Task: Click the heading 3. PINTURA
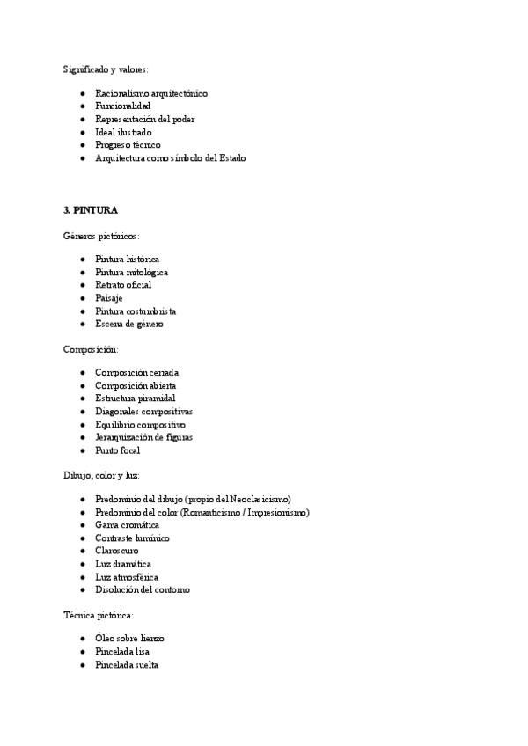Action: coord(91,210)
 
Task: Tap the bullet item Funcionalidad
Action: coord(123,106)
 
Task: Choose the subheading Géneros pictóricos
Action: coord(101,236)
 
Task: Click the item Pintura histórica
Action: coord(127,260)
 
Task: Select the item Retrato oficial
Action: coord(123,285)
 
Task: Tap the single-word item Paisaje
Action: coord(109,298)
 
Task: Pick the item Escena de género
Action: coord(129,324)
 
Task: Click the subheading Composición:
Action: coord(97,349)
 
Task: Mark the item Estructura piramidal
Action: coord(136,399)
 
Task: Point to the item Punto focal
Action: coord(118,450)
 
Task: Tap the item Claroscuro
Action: coord(117,551)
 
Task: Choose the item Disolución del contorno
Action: coord(142,589)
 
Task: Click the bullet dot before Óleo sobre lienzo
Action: coord(82,639)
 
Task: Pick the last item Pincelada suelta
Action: coord(127,665)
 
